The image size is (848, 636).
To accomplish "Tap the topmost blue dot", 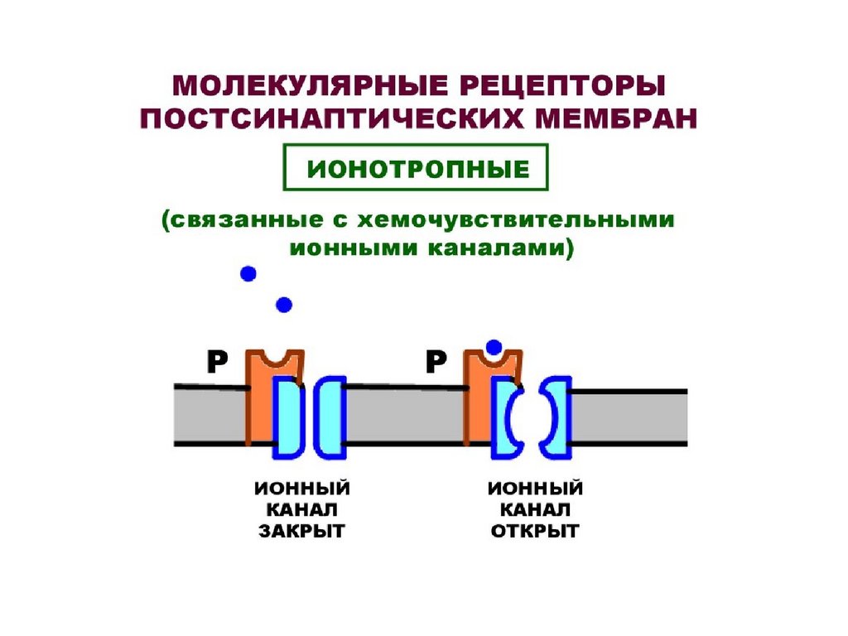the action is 247,273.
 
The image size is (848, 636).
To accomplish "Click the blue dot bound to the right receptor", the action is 494,346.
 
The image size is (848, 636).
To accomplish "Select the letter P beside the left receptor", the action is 217,361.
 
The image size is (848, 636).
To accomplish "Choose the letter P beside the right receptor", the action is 436,361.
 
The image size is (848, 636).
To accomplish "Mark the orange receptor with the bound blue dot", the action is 478,397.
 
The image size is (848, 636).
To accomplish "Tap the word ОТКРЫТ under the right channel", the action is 534,531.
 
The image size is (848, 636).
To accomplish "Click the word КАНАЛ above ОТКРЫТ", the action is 534,509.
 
